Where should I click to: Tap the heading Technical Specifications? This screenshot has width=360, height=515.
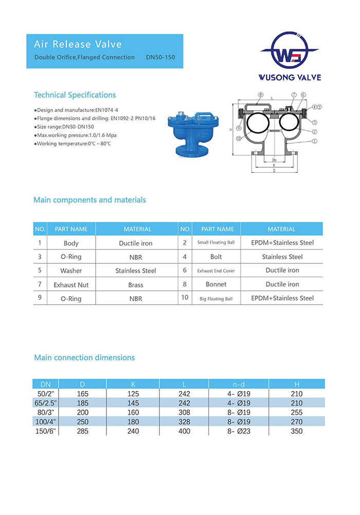coord(75,95)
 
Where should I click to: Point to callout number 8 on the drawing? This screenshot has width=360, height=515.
coord(261,95)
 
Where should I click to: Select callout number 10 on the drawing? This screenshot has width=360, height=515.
coord(238,139)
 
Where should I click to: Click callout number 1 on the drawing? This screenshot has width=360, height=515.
coord(314,140)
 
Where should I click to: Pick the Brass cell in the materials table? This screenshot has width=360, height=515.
coord(136,285)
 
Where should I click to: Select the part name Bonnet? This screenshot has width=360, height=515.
coord(216,285)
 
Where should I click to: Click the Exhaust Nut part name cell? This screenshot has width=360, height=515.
coord(71,285)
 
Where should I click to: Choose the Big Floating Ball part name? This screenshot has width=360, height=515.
coord(216,298)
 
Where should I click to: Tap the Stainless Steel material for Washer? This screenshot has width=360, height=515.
coord(136,271)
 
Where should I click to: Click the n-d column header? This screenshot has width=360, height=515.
coord(239,384)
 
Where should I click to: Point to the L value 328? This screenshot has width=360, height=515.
coord(184,422)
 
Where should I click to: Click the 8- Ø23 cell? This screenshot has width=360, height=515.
coord(239,431)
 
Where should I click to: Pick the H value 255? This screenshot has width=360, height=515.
coord(297,413)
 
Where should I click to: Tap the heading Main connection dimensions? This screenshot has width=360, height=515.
coord(84,358)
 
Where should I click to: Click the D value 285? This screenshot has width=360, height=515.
coord(82,431)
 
